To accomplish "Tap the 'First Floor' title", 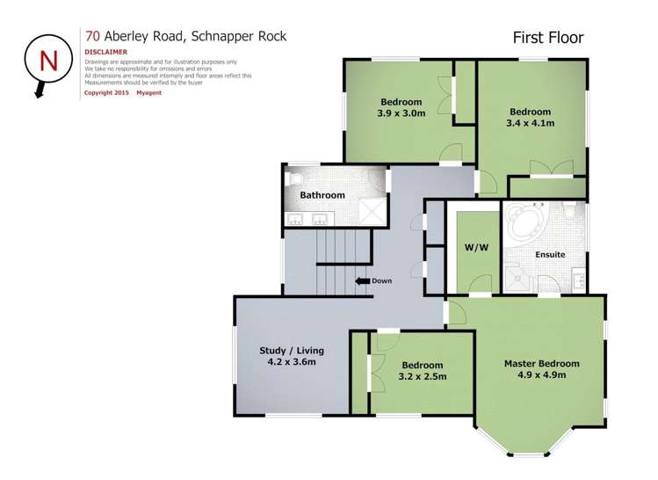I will coord(548,38).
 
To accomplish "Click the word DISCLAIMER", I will coord(106,52).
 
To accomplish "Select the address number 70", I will coord(91,36).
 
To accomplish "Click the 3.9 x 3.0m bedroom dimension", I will coord(401,113).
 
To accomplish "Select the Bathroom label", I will coord(322,195).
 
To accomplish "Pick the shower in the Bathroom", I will coord(375,210).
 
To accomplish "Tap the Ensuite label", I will coord(549,255).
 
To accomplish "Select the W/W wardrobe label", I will coord(475,248).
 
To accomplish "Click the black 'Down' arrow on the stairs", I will coord(360,281).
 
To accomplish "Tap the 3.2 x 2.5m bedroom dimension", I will coord(423,376).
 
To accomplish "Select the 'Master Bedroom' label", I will coord(541,363).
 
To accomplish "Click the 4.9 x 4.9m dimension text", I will coord(541,375).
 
